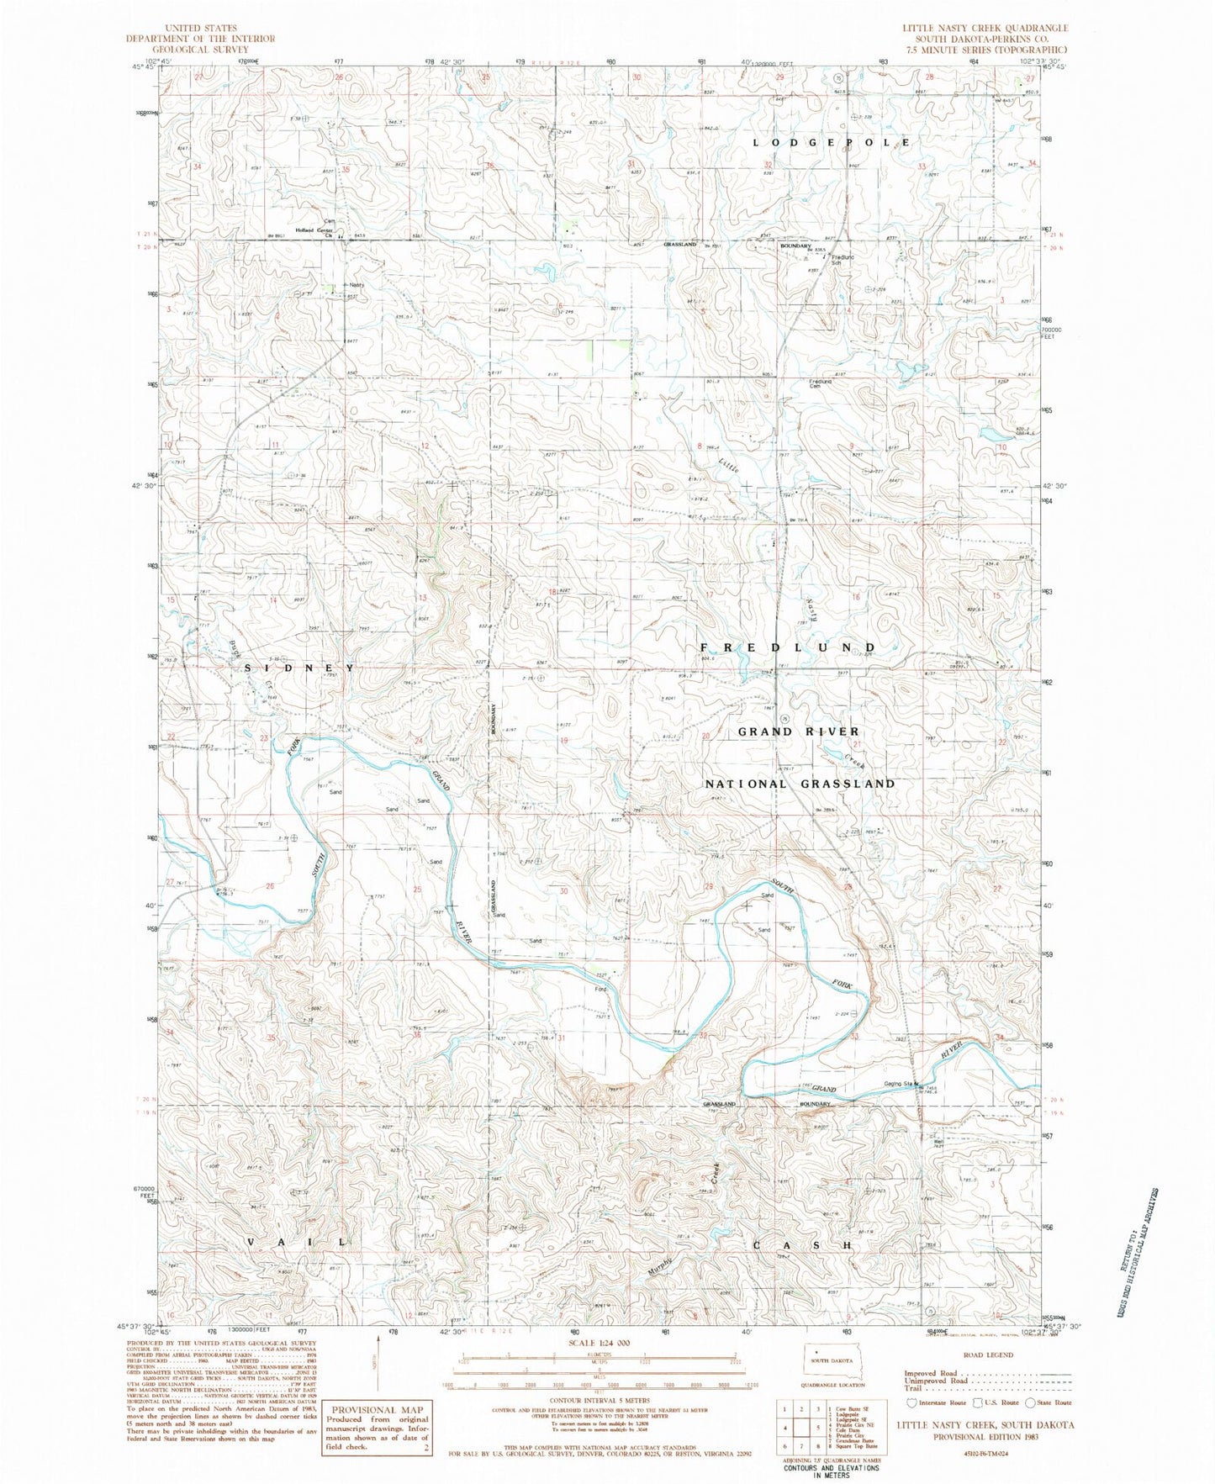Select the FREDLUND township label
[x=789, y=647]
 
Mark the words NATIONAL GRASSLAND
[x=799, y=784]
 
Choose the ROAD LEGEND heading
[x=988, y=1355]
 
